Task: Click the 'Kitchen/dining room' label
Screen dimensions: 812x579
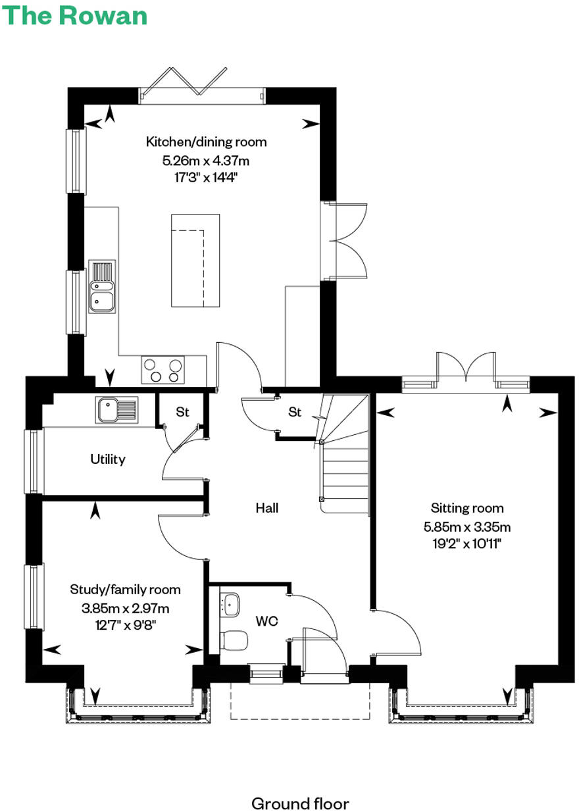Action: point(206,141)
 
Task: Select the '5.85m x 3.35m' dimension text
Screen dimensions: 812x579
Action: point(467,526)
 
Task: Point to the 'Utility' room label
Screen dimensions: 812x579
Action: point(108,459)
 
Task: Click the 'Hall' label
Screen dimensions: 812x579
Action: point(268,508)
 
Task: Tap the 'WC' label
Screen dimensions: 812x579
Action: point(266,621)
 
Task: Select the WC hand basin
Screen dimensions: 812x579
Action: point(230,602)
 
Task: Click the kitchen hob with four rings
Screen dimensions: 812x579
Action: point(163,369)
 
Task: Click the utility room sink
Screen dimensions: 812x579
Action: point(116,409)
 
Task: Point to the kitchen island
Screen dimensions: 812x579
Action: point(195,260)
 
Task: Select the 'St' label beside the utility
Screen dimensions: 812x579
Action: point(182,413)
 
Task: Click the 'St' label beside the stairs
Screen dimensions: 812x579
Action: point(295,413)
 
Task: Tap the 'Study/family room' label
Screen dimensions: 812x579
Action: point(125,590)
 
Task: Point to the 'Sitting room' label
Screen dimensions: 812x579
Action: point(467,508)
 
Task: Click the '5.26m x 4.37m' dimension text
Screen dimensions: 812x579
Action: point(206,160)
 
